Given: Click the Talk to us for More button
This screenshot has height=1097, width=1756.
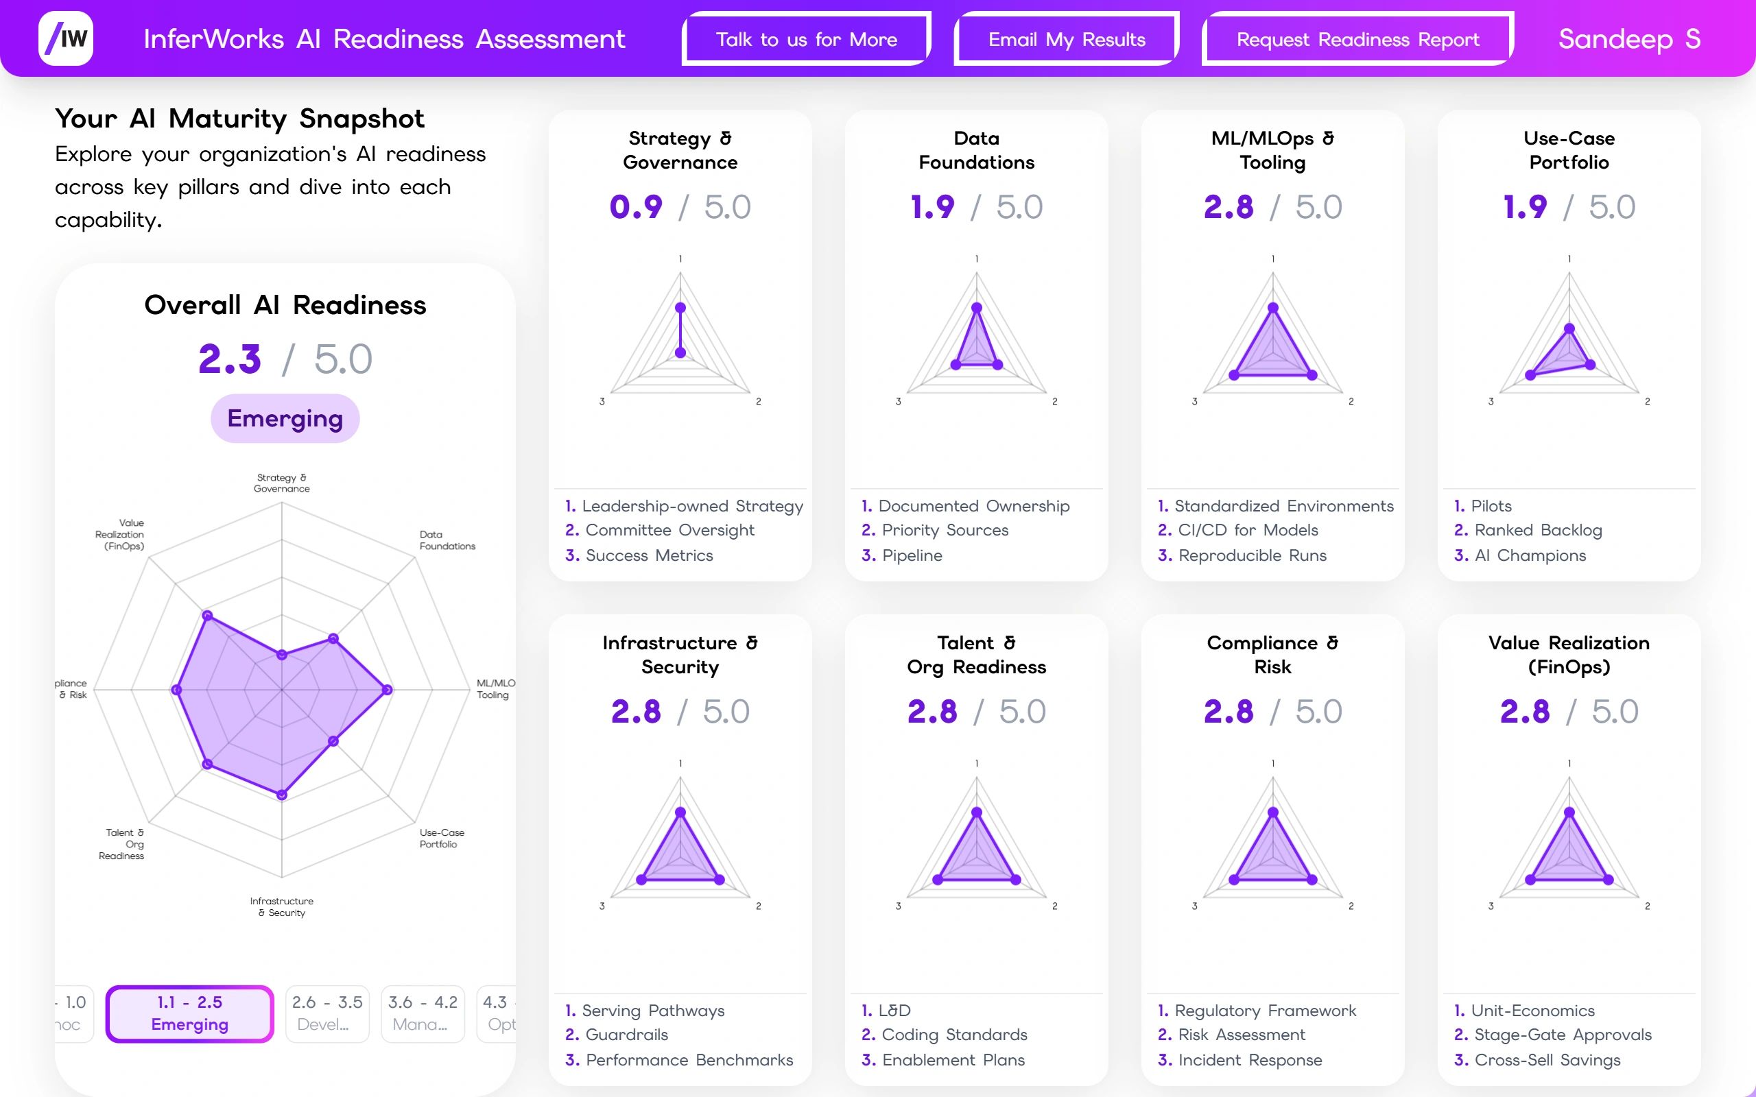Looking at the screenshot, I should click(806, 39).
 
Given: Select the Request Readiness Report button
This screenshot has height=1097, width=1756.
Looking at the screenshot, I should click(1357, 39).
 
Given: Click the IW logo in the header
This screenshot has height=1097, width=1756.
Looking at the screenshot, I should click(66, 38).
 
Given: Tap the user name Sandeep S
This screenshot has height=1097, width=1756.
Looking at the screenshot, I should click(1629, 38).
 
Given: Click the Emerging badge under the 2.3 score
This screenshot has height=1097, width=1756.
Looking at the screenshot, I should click(285, 419).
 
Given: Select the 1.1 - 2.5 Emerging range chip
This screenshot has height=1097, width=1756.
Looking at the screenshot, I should click(189, 1013).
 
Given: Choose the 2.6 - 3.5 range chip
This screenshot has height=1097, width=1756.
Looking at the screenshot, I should click(327, 1013).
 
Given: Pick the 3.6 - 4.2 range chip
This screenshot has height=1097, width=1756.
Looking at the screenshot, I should click(423, 1013).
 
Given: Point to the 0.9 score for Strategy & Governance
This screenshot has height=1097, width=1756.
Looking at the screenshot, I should click(636, 208).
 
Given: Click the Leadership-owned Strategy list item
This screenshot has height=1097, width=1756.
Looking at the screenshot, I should click(692, 506).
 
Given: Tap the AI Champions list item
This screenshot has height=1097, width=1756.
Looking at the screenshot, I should click(1530, 555).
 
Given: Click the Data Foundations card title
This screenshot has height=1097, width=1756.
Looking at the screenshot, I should click(976, 150).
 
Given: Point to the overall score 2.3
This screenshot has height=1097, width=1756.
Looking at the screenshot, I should click(229, 359).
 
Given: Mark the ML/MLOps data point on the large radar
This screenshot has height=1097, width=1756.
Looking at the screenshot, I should click(388, 689).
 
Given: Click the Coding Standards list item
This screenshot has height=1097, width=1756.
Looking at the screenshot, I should click(954, 1035).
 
